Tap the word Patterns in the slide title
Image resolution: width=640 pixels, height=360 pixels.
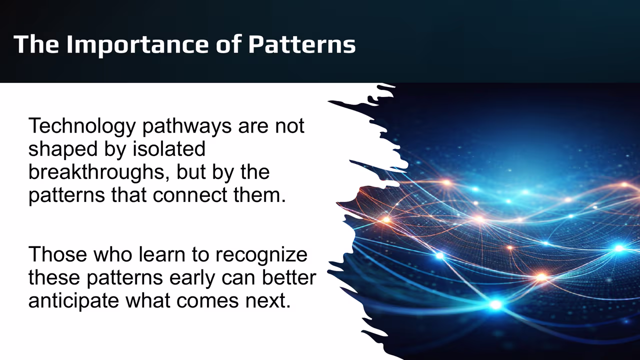(302, 44)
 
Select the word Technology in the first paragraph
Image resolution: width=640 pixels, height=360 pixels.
(81, 126)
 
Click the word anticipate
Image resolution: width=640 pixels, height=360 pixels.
(73, 301)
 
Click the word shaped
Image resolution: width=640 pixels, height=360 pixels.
(59, 149)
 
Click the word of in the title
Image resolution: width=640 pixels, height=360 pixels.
(230, 44)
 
